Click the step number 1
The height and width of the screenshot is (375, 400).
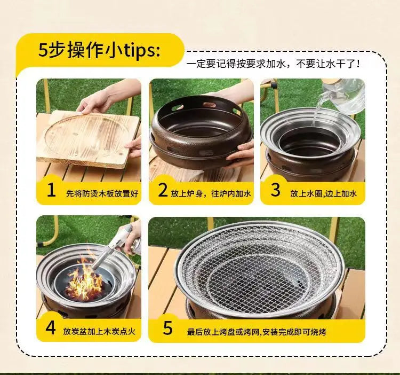tap(51, 191)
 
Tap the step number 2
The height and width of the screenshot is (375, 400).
tap(163, 191)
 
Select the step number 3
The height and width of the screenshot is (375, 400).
tap(275, 191)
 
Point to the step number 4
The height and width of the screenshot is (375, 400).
tap(51, 328)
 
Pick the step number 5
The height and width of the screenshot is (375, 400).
tap(168, 328)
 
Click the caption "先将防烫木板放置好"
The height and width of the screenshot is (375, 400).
tap(101, 193)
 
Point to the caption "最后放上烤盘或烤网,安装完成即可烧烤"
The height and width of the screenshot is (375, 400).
tap(257, 332)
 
